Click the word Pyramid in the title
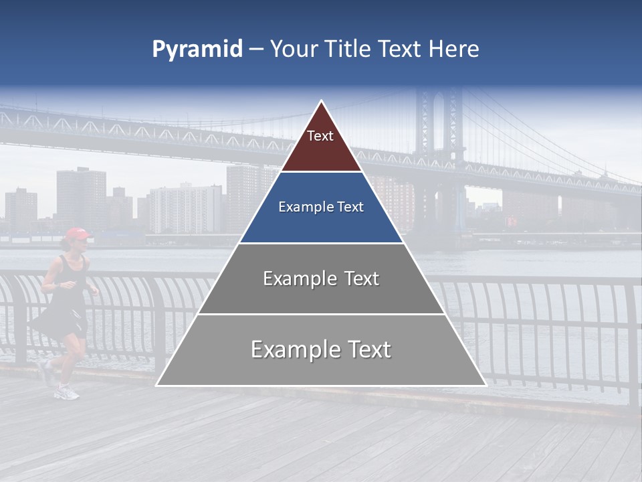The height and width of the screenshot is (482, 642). point(197,50)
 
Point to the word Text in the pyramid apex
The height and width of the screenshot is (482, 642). point(320,136)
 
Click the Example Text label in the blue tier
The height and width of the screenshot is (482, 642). point(321,207)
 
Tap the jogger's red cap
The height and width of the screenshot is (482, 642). point(77,234)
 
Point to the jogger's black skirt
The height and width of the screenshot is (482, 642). point(64,321)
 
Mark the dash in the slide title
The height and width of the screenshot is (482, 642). point(255,50)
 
